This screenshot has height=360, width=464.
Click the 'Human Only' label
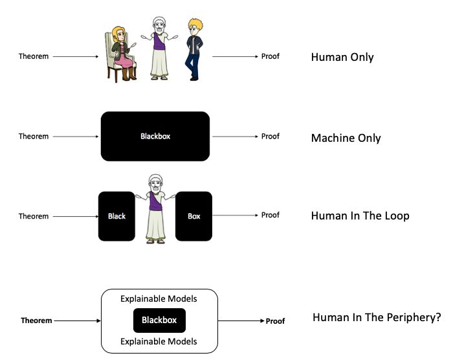coord(342,57)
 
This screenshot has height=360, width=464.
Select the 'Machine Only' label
coord(346,138)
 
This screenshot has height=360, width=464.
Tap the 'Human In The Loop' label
coord(360,216)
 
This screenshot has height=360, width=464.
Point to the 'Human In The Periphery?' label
coord(377,318)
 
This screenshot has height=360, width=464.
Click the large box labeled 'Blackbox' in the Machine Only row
coord(155,137)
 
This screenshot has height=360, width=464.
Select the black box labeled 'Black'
coord(116,216)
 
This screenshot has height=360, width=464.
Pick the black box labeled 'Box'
coord(193,216)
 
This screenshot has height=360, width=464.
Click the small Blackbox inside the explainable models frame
coord(159,321)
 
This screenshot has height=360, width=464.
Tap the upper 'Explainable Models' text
coord(159,299)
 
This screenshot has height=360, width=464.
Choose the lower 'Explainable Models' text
coord(159,341)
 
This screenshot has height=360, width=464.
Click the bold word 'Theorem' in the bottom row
coord(36,321)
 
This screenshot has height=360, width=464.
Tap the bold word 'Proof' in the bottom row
coord(275,321)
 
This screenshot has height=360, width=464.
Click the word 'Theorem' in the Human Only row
coord(34,57)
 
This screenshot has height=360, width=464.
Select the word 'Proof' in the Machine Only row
coord(271,137)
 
